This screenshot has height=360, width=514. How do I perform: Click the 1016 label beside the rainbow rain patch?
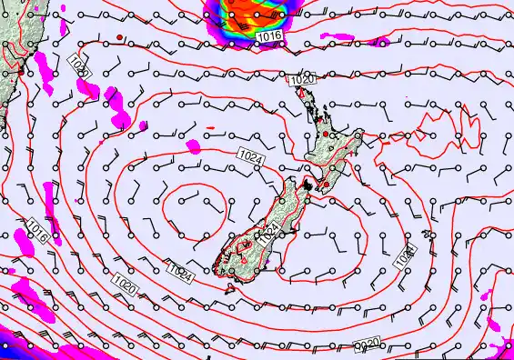[268, 35]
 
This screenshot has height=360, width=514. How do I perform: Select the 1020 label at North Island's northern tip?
[303, 81]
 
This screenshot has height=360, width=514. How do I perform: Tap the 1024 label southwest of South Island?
[180, 271]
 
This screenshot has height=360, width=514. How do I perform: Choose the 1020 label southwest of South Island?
[126, 287]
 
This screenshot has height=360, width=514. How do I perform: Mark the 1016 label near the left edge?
[37, 230]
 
